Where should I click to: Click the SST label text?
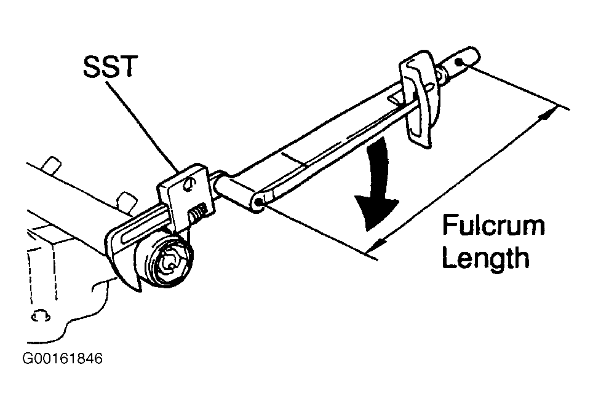[108, 67]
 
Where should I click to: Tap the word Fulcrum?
[493, 225]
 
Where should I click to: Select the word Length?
[485, 258]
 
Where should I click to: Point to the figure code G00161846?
[62, 358]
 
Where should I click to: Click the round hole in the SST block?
[188, 184]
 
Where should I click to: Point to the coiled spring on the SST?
[198, 213]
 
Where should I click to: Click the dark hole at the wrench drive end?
[259, 203]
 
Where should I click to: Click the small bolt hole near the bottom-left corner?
[41, 315]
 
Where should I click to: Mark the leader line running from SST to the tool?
[143, 126]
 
